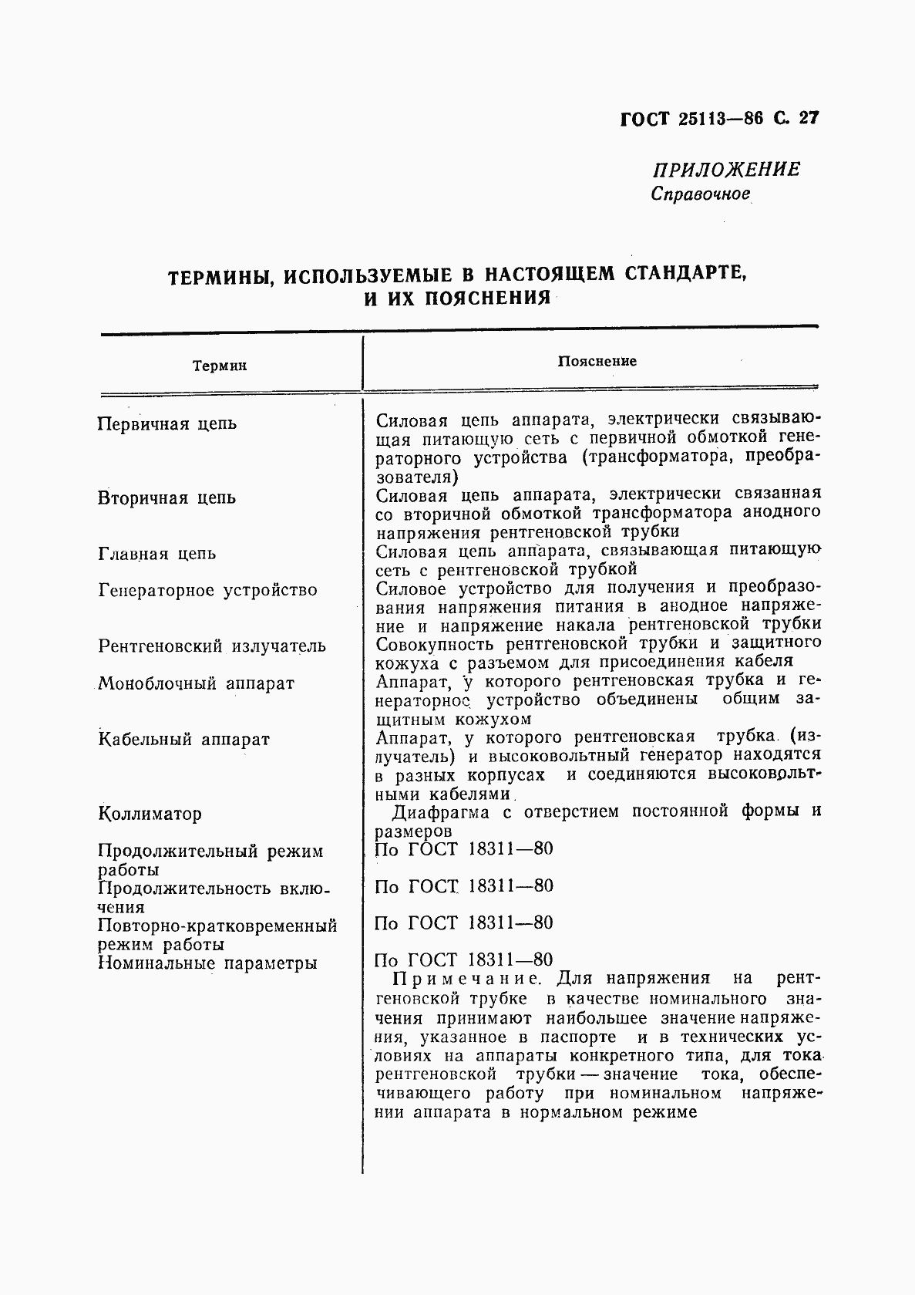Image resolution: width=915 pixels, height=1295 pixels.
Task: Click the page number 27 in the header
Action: point(808,119)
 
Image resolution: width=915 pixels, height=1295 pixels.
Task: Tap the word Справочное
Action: point(700,194)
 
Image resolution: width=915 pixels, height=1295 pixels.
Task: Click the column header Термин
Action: point(220,366)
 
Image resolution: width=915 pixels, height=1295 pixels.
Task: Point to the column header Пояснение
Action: point(597,361)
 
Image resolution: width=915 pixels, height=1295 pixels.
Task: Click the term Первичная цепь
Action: point(167,423)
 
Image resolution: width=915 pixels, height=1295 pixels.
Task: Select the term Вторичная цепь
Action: point(167,497)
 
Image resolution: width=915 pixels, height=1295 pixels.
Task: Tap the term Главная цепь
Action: point(157,553)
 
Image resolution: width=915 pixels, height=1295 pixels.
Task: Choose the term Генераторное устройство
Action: point(208,590)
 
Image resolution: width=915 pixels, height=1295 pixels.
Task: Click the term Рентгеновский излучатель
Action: point(212,646)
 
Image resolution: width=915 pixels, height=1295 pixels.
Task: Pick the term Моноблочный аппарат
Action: point(196,683)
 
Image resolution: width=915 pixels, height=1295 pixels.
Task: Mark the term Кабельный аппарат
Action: point(183,739)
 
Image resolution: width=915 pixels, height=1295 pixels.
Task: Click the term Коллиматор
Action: point(150,814)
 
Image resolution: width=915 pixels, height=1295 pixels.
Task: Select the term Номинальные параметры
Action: point(207,963)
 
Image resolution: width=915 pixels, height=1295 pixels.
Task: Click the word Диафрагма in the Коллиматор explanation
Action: point(442,811)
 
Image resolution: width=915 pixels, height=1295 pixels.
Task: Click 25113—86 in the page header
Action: point(721,119)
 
